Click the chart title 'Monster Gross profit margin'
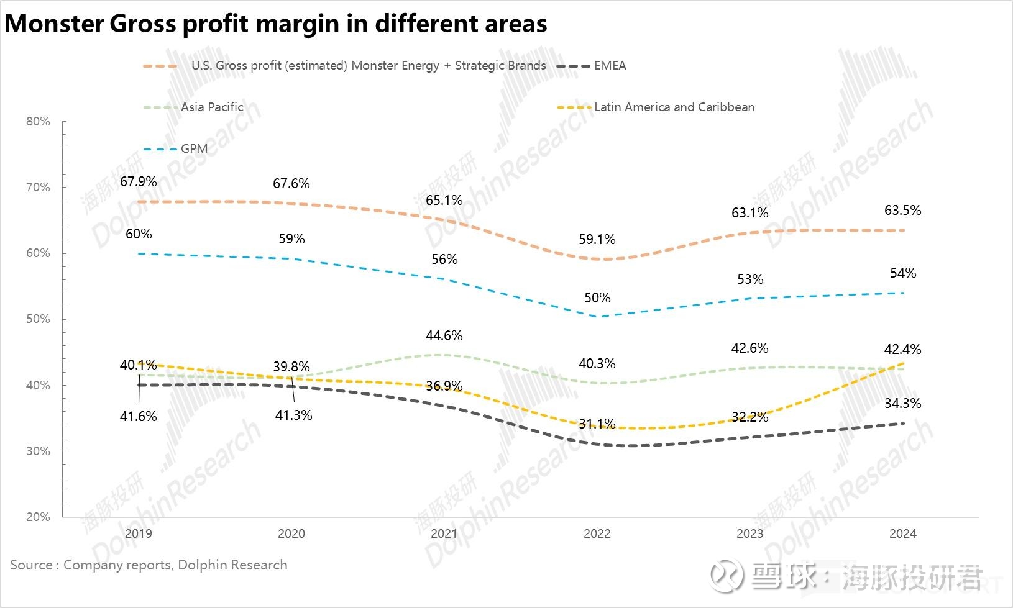pyautogui.click(x=275, y=24)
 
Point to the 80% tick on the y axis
pyautogui.click(x=39, y=121)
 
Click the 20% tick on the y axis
pyautogui.click(x=39, y=517)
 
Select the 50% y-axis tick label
pyautogui.click(x=39, y=319)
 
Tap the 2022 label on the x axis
pyautogui.click(x=597, y=533)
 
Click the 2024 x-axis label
pyautogui.click(x=902, y=533)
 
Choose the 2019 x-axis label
pyautogui.click(x=138, y=533)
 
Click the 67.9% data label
pyautogui.click(x=138, y=181)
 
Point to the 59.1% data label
pyautogui.click(x=597, y=239)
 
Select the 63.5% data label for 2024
pyautogui.click(x=902, y=210)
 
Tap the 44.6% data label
pyautogui.click(x=444, y=335)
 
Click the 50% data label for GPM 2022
pyautogui.click(x=597, y=297)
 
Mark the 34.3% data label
pyautogui.click(x=902, y=403)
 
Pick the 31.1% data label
pyautogui.click(x=597, y=424)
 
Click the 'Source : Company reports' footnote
pyautogui.click(x=149, y=565)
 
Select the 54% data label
pyautogui.click(x=902, y=273)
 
